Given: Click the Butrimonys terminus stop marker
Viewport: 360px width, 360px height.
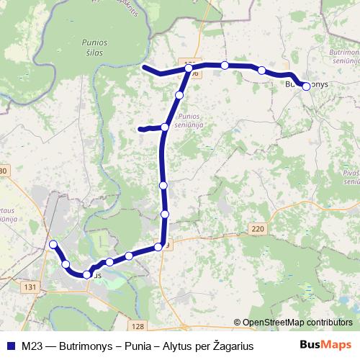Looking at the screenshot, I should pos(306,86).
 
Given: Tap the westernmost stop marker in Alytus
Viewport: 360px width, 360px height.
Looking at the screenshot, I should pos(53,246).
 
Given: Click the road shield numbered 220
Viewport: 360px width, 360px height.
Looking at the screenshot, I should pos(258,229).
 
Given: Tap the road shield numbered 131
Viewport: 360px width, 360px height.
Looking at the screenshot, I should pos(30,287).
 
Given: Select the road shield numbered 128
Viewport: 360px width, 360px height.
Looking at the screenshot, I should pos(139,325).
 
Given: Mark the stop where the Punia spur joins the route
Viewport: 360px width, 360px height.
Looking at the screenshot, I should pos(165,127).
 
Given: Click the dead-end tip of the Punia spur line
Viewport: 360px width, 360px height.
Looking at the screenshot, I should pos(140,130).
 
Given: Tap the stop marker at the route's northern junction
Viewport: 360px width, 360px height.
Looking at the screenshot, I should pos(189,69).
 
